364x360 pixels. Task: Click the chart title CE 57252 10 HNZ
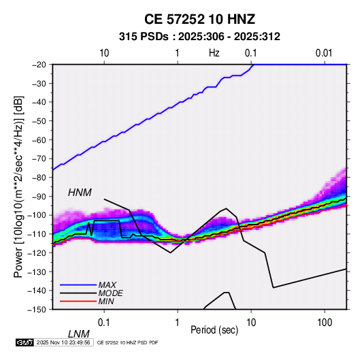[x=199, y=19]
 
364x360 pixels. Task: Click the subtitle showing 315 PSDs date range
[x=199, y=37]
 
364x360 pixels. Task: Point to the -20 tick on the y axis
[x=39, y=65]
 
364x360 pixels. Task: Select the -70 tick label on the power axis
[x=39, y=159]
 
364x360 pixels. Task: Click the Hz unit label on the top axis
[x=214, y=53]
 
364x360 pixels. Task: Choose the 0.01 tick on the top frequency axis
[x=324, y=53]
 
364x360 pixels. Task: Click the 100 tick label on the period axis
[x=325, y=323]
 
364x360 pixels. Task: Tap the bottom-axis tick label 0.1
[x=104, y=323]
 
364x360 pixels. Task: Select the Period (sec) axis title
[x=214, y=330]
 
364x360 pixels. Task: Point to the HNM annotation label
[x=80, y=193]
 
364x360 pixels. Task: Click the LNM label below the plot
[x=79, y=334]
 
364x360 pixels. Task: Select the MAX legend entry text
[x=107, y=284]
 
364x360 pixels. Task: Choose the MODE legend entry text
[x=110, y=293]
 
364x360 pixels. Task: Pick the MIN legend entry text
[x=106, y=301]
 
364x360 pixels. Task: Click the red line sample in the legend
[x=78, y=301]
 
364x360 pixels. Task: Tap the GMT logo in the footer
[x=24, y=342]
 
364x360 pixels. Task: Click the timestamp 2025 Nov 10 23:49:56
[x=63, y=342]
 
